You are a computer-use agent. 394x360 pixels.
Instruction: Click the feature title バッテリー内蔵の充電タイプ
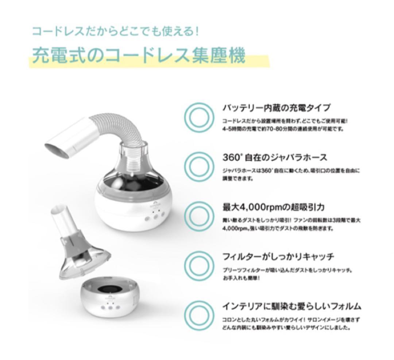click(x=276, y=108)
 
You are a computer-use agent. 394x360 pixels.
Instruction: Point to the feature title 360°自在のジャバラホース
click(x=275, y=157)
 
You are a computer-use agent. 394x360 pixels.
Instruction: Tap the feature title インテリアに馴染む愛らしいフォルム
click(x=292, y=306)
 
